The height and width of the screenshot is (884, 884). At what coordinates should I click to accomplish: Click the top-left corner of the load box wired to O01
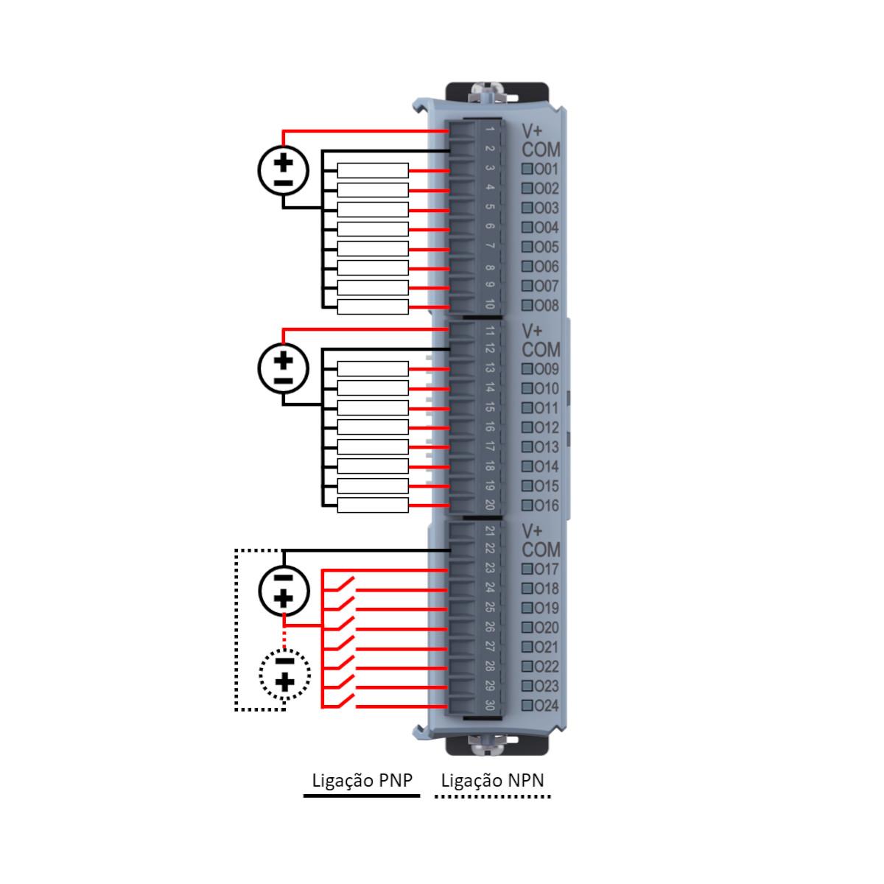click(x=337, y=164)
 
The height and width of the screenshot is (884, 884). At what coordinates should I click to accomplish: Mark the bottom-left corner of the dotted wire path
click(x=236, y=709)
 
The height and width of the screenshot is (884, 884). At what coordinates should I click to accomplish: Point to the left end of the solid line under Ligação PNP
click(x=304, y=796)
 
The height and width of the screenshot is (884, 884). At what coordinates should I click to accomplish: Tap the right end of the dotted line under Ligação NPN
click(x=551, y=796)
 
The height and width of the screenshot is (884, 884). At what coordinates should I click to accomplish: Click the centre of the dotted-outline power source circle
click(x=284, y=673)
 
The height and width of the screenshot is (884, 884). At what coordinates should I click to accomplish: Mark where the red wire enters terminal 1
click(x=448, y=131)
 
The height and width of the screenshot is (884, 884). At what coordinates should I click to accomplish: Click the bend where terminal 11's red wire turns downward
click(x=283, y=329)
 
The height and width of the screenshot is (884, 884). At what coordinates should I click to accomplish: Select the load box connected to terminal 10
click(x=373, y=307)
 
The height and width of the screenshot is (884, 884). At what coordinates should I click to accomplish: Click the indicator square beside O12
click(x=527, y=427)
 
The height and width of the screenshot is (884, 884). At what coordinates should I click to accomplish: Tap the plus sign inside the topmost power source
click(x=283, y=162)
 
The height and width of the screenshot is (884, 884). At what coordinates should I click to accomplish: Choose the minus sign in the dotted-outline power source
click(x=284, y=661)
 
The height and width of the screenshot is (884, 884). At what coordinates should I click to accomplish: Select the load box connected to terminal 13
click(x=373, y=368)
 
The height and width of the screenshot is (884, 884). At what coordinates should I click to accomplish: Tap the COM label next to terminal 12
click(x=541, y=350)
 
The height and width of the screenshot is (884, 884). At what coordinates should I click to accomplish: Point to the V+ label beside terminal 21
click(x=532, y=530)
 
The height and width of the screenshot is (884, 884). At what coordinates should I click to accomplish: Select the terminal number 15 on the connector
click(x=489, y=407)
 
